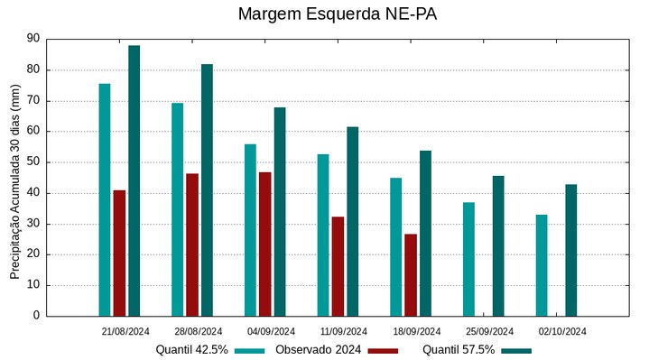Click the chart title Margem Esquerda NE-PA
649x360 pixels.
325,14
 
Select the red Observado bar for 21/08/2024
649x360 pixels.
119,253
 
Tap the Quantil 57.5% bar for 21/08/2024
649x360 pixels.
134,180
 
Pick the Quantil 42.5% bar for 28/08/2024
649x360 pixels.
178,209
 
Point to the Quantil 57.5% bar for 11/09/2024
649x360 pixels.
353,221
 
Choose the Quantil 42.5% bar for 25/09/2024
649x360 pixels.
469,259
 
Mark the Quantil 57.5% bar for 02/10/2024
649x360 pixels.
571,250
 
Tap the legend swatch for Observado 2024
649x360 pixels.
383,350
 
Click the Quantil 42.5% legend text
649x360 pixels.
191,350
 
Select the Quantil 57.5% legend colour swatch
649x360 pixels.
517,350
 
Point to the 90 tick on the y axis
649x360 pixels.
33,39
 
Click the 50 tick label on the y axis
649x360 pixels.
33,162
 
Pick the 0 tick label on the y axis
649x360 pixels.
36,316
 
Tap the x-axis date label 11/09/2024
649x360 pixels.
344,331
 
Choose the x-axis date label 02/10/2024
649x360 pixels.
562,331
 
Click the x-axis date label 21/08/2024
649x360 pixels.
125,331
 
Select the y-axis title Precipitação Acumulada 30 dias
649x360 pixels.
14,177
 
